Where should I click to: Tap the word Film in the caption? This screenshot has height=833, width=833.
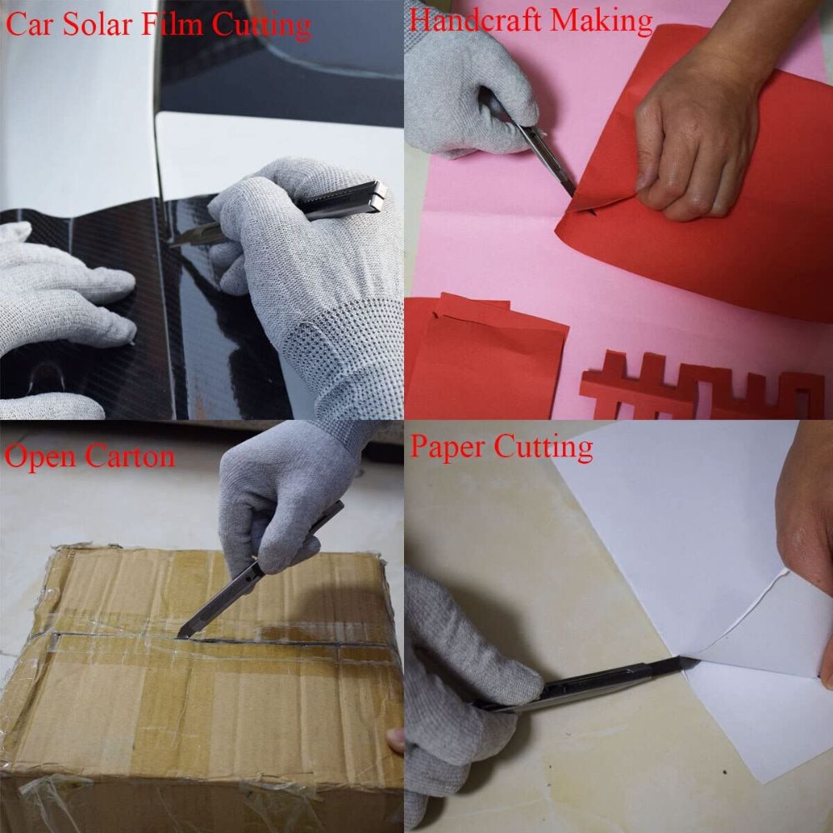tap(175, 24)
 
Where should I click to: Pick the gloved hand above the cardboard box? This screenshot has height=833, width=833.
tap(275, 500)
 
